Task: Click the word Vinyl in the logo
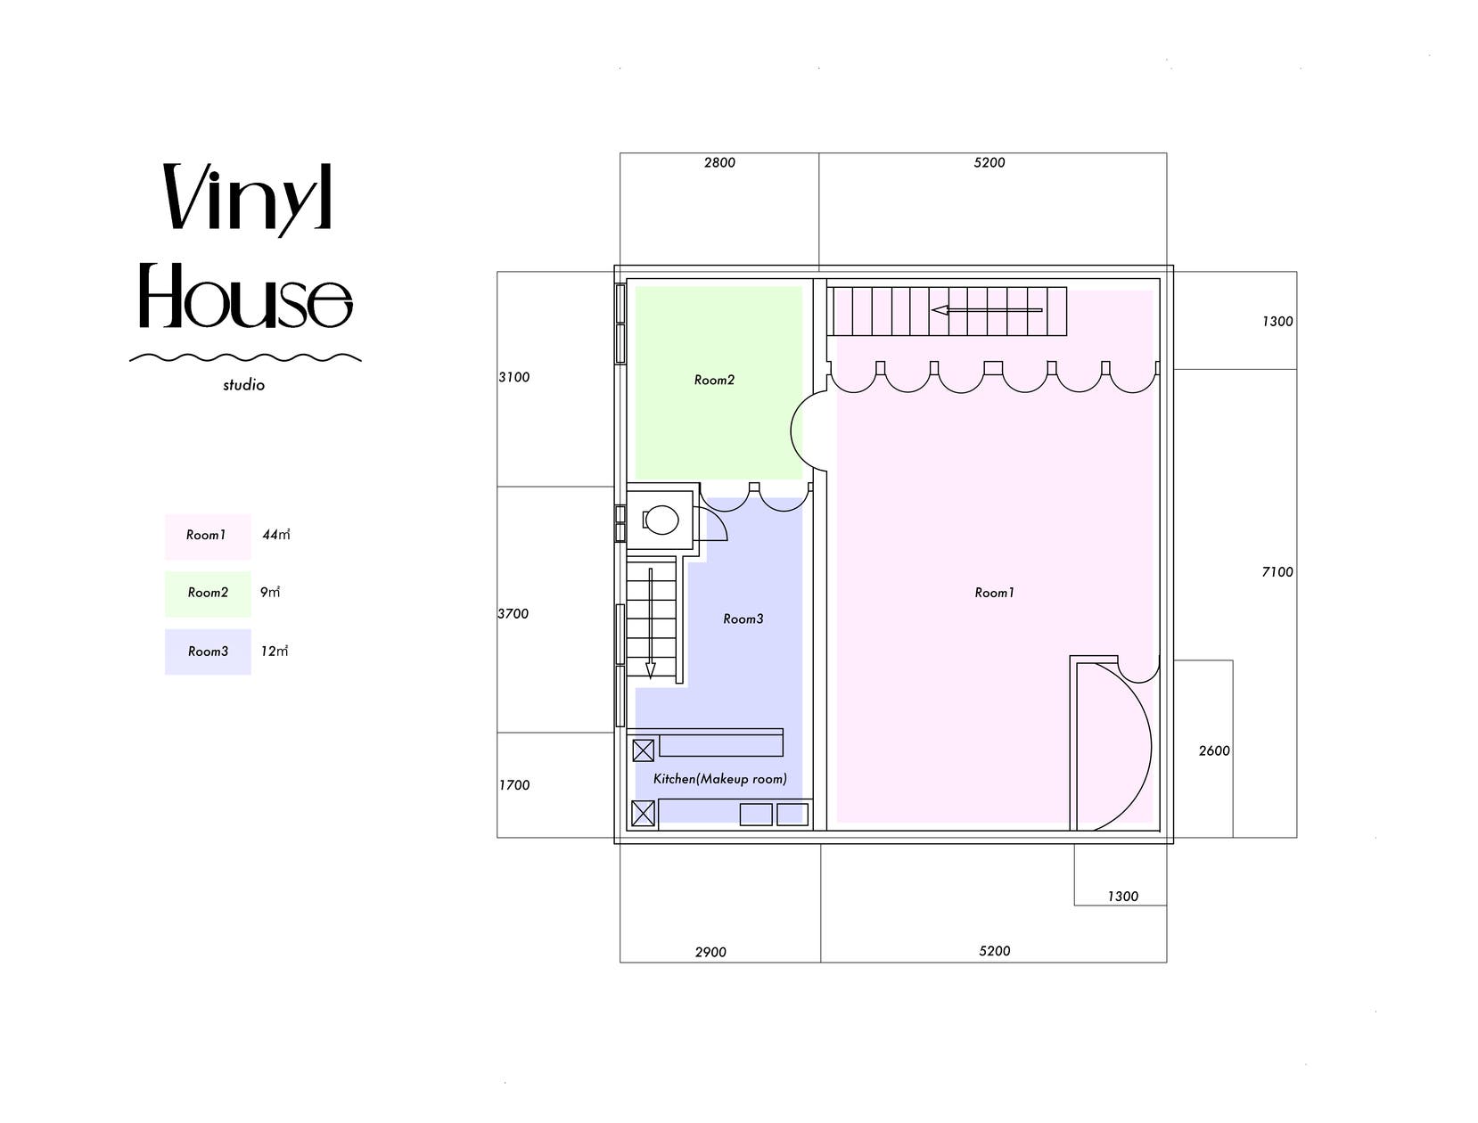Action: tap(247, 199)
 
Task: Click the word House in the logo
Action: tap(246, 296)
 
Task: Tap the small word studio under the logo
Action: tap(243, 385)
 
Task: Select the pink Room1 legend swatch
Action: tap(208, 537)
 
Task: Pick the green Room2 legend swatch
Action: tap(208, 594)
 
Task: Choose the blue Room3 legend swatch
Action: tap(208, 652)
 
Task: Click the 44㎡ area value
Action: tap(276, 535)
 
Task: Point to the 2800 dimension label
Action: tap(719, 162)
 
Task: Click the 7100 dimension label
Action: tap(1277, 571)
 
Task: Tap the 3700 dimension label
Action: tap(513, 613)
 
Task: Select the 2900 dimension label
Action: tap(710, 952)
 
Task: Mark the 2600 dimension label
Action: tap(1214, 750)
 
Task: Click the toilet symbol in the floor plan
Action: tap(660, 519)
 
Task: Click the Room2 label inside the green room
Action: tap(714, 380)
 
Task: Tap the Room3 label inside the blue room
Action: tap(743, 619)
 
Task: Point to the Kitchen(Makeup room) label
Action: tap(719, 779)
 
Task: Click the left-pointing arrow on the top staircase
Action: tap(987, 310)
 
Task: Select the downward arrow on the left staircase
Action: tap(651, 623)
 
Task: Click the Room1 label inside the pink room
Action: tap(994, 593)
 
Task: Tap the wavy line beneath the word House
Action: tap(245, 357)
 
